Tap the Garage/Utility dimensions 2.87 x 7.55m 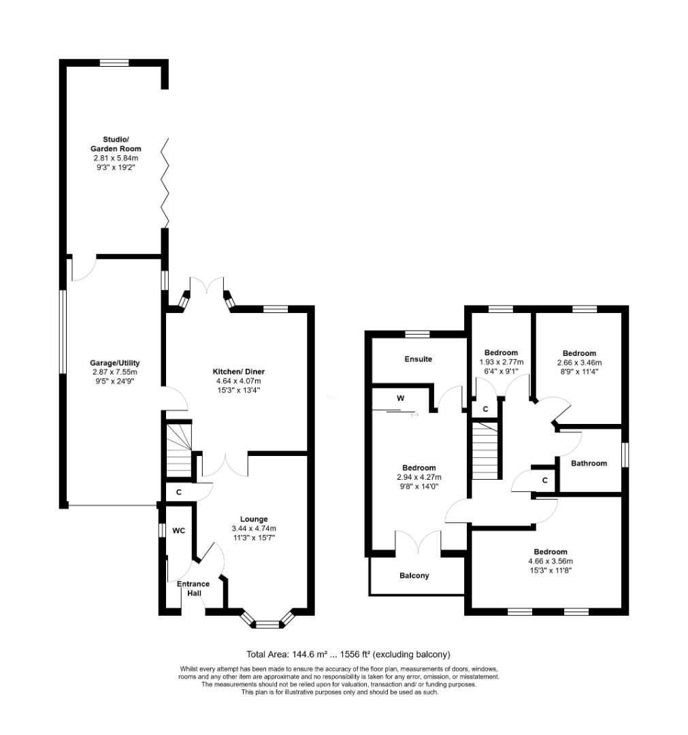pyautogui.click(x=115, y=372)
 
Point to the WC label pyautogui.click(x=179, y=530)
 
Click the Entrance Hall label pyautogui.click(x=193, y=588)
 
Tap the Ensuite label pyautogui.click(x=418, y=359)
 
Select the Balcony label pyautogui.click(x=414, y=575)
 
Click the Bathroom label pyautogui.click(x=588, y=463)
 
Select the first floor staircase pyautogui.click(x=485, y=450)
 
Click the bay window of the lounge pyautogui.click(x=269, y=619)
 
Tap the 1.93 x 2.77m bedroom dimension pyautogui.click(x=501, y=362)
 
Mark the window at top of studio pyautogui.click(x=114, y=63)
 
